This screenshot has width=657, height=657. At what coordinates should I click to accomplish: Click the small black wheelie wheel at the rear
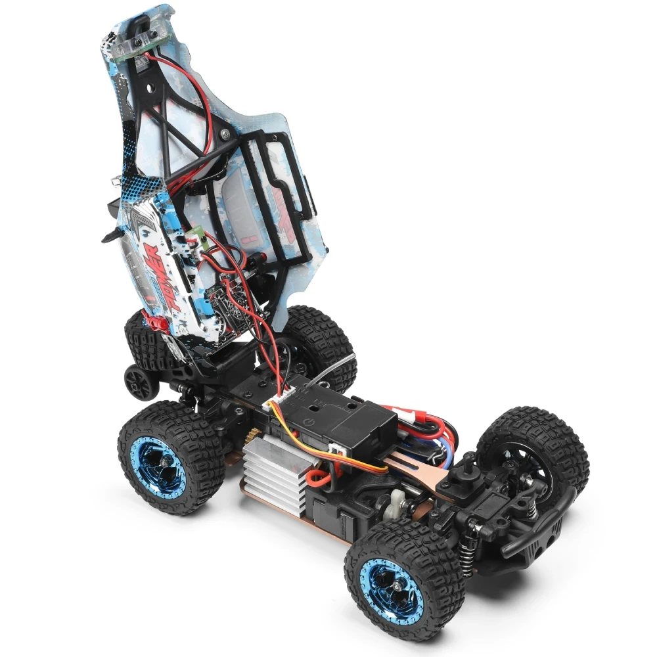(139, 380)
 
